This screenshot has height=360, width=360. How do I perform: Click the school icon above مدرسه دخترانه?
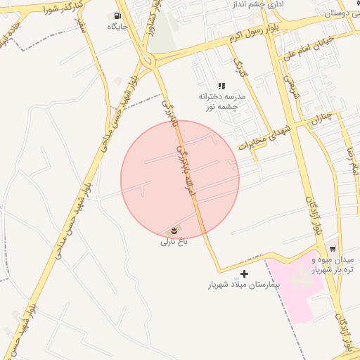point(222,86)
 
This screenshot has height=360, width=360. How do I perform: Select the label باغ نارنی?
point(174,243)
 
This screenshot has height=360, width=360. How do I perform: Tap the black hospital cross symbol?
point(245,274)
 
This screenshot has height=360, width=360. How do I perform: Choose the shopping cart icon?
point(333,249)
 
